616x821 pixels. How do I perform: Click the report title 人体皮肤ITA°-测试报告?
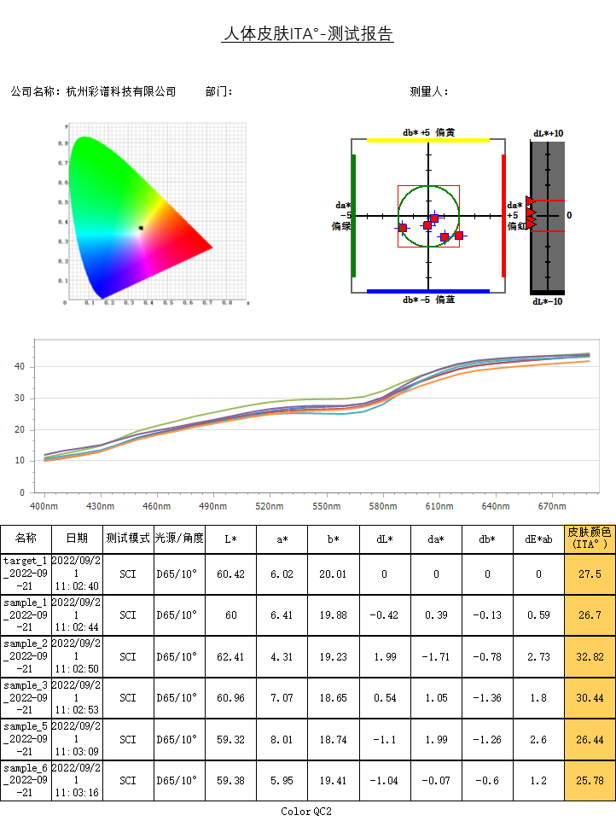[307, 34]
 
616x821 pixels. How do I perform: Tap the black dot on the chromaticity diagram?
[141, 227]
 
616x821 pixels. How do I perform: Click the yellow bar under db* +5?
[427, 140]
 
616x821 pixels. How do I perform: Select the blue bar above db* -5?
[427, 292]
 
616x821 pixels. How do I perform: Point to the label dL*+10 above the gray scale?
[548, 134]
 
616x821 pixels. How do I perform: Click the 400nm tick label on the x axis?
[44, 506]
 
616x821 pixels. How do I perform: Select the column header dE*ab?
[538, 539]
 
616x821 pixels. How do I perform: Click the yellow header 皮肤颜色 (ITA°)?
[590, 539]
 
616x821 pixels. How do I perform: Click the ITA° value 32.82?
[590, 656]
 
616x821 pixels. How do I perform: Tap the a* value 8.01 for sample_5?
[282, 739]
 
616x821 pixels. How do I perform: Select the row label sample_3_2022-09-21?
[26, 698]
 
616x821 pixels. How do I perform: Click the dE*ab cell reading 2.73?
[538, 656]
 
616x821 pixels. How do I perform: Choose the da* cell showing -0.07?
[436, 780]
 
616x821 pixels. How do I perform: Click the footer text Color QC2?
[306, 811]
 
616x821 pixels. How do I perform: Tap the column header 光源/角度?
[179, 539]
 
